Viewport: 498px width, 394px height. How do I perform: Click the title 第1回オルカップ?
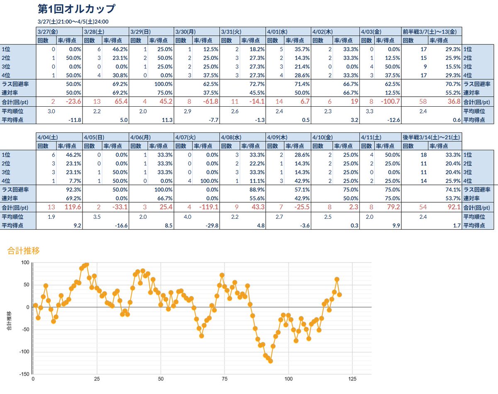76,9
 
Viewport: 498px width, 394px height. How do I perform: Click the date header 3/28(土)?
94,31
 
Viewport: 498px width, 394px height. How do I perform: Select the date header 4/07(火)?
186,137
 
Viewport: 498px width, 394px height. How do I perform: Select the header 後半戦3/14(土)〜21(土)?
430,137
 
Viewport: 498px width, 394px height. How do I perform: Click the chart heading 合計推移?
24,250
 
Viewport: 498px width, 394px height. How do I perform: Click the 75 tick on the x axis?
225,379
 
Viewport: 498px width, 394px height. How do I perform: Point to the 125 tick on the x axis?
352,379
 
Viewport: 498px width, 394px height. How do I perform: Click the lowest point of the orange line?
271,361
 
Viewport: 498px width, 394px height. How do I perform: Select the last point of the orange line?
339,294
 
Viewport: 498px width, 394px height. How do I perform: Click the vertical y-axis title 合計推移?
9,320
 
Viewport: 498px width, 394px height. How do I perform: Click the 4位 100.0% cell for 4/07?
207,181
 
